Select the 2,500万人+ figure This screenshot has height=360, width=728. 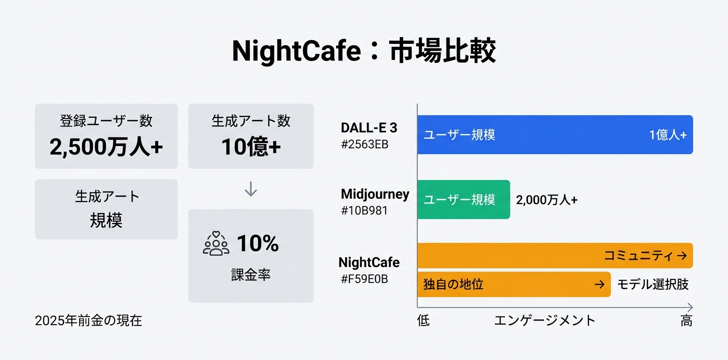(x=106, y=146)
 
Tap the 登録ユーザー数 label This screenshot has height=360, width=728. (x=106, y=121)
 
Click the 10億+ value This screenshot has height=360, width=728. (x=250, y=146)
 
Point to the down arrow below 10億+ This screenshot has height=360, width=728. (x=250, y=189)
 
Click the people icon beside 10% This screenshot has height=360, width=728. (x=216, y=243)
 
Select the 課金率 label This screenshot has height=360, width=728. (x=250, y=274)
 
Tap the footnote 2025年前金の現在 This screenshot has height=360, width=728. (x=88, y=320)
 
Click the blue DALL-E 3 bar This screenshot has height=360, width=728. (x=555, y=134)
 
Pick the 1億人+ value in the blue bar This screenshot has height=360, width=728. (x=667, y=135)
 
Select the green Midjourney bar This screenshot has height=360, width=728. (x=463, y=199)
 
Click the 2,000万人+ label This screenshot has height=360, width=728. (x=546, y=200)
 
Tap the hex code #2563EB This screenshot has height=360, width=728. (x=364, y=145)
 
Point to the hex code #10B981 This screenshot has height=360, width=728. (x=364, y=210)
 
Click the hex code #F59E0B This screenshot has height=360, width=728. (x=364, y=279)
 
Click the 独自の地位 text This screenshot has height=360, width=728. (x=453, y=284)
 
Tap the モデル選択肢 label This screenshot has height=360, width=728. (x=652, y=284)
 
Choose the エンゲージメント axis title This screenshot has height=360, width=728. (x=544, y=320)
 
